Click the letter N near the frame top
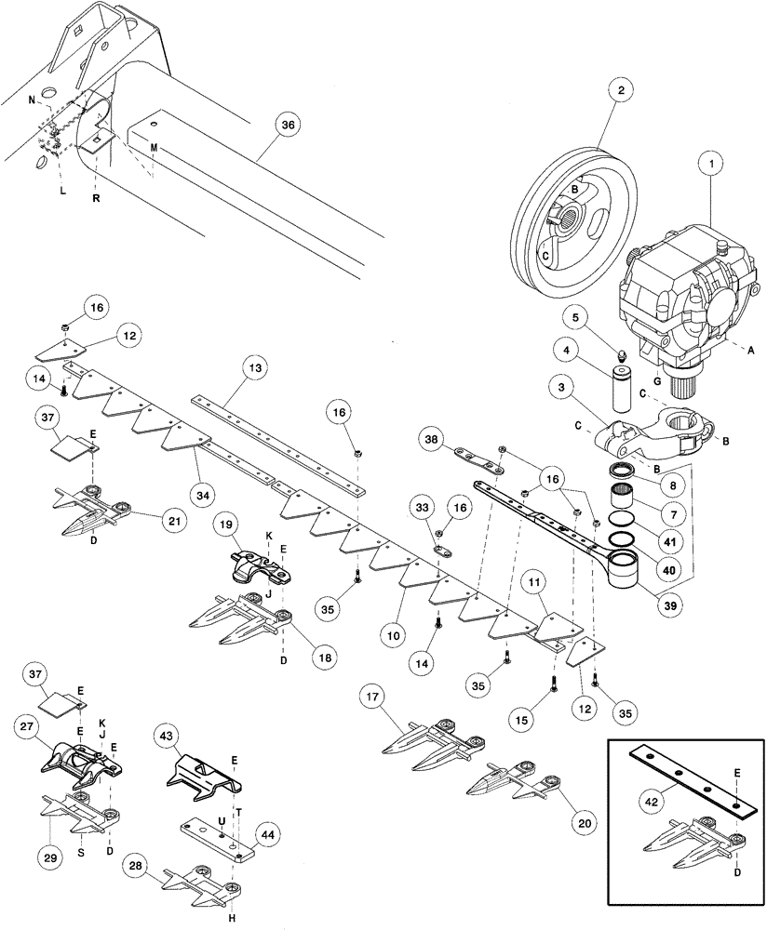coord(31,100)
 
